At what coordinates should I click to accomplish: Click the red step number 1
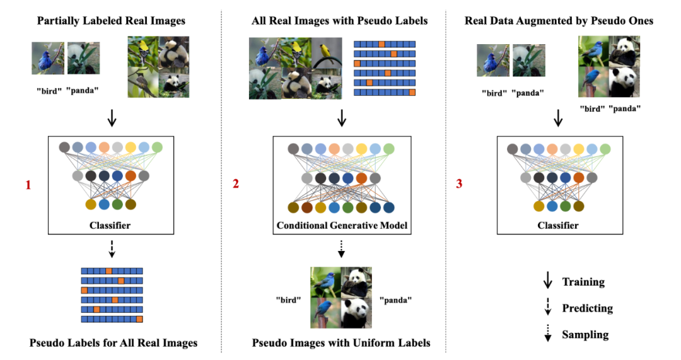click(28, 185)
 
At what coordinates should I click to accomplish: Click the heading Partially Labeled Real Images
click(111, 21)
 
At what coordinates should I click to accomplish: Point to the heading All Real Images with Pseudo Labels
click(340, 21)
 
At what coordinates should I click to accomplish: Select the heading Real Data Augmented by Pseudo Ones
click(559, 21)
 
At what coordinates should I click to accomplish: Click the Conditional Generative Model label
click(342, 225)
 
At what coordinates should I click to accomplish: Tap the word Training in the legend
click(583, 282)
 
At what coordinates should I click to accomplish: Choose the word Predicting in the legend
click(588, 308)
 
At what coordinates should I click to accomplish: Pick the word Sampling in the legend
click(586, 334)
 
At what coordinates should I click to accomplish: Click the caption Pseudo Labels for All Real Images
click(113, 343)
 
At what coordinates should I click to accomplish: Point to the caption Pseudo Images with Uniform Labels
click(341, 343)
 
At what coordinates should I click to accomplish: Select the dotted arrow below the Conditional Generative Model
click(341, 248)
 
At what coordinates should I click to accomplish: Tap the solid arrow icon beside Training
click(548, 281)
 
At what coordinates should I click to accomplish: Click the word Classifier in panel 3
click(558, 225)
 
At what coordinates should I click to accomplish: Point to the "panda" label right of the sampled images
click(396, 299)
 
